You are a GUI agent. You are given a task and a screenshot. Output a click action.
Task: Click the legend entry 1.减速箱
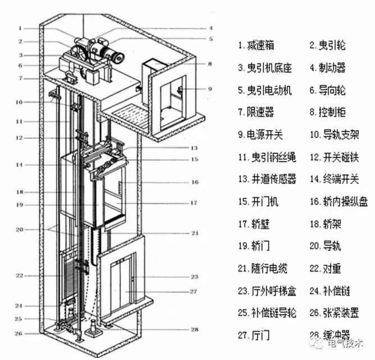pyautogui.click(x=258, y=45)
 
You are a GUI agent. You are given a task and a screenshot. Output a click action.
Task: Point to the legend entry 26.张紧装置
pyautogui.click(x=336, y=313)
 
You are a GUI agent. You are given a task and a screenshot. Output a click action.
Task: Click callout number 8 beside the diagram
pyautogui.click(x=210, y=64)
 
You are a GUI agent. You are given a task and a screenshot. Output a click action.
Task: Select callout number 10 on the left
pyautogui.click(x=19, y=102)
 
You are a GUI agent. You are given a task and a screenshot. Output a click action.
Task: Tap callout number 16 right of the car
pyautogui.click(x=195, y=182)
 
